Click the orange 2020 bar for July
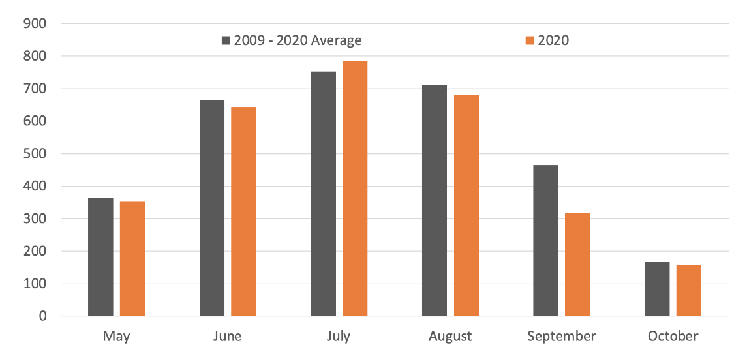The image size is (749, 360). click(355, 188)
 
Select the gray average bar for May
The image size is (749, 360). click(100, 257)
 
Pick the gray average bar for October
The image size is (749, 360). click(657, 289)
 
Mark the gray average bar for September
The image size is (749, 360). click(545, 241)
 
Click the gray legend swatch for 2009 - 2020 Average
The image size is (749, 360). click(226, 40)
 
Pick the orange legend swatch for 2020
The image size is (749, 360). click(530, 40)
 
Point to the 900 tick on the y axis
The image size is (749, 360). click(35, 24)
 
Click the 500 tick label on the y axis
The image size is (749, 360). click(35, 154)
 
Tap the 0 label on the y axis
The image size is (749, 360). click(42, 316)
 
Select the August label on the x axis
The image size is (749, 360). click(450, 337)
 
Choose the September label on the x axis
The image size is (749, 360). click(561, 337)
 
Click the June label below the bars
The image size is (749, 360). click(227, 337)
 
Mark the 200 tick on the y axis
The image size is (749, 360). click(35, 251)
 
